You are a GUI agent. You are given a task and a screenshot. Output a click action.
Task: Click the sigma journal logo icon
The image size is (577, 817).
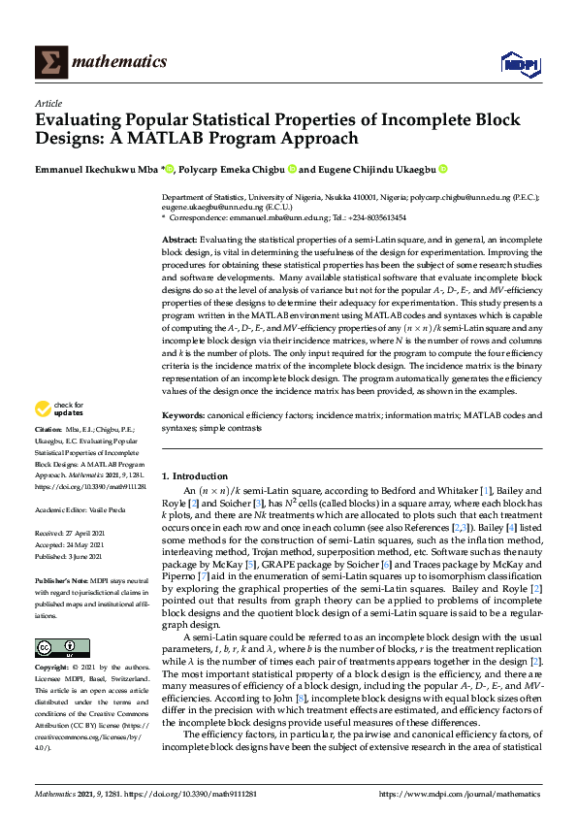(49, 62)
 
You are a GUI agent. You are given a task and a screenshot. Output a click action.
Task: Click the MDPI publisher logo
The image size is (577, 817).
(519, 63)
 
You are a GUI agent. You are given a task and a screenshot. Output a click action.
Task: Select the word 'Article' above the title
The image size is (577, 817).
(48, 103)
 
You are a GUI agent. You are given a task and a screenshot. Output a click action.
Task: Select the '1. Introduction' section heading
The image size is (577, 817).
(195, 476)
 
